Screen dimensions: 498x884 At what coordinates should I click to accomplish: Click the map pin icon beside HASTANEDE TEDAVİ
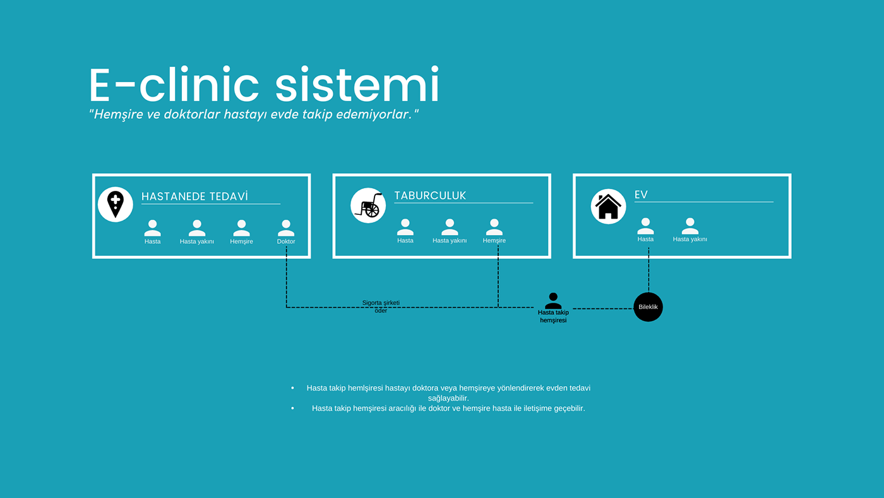(116, 204)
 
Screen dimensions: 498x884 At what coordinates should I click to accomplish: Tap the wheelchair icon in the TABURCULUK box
(368, 205)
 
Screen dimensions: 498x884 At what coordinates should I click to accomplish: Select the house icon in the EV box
(608, 206)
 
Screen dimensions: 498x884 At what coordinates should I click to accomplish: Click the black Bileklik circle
(648, 307)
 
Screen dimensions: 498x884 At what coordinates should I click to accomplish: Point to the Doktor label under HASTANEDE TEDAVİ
(286, 241)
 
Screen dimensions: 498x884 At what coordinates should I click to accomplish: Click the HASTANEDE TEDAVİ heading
(194, 197)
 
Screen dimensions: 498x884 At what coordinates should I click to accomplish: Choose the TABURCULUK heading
(430, 195)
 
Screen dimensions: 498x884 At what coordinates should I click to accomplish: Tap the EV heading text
(641, 195)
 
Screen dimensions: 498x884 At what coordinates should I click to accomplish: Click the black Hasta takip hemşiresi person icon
(553, 301)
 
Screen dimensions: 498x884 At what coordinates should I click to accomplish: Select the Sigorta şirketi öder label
(381, 307)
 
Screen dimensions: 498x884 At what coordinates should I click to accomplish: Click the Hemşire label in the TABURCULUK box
(494, 240)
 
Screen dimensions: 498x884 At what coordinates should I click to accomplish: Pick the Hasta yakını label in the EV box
(690, 239)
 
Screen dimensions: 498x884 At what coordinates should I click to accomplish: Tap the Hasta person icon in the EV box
(645, 226)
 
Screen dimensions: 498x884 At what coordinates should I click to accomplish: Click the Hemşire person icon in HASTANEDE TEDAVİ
(241, 228)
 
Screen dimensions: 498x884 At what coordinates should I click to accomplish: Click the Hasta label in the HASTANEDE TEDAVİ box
(152, 241)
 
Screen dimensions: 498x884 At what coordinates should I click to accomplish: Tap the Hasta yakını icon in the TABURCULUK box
(450, 226)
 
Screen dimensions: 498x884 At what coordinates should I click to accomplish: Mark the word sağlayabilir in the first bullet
(448, 398)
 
